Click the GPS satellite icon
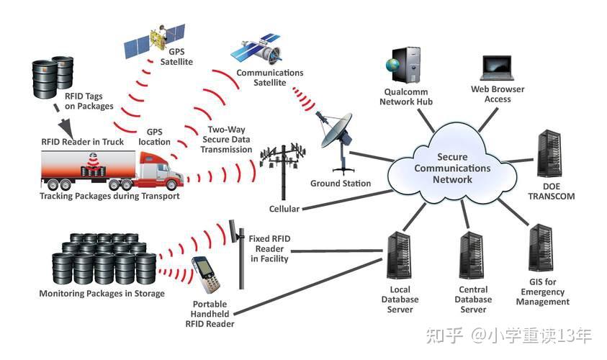[x=155, y=41]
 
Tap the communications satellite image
[x=256, y=49]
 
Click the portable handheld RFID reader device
[x=207, y=275]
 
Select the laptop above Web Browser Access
[x=498, y=68]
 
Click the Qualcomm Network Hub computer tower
[x=404, y=65]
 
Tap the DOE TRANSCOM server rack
[x=549, y=154]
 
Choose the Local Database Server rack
[x=399, y=256]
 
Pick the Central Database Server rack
[x=472, y=256]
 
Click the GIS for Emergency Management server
[x=541, y=248]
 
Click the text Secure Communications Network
[x=452, y=168]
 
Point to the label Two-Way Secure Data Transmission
[x=226, y=140]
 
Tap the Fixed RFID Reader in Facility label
[x=269, y=248]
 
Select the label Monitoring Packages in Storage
[x=102, y=294]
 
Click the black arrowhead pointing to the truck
[x=66, y=127]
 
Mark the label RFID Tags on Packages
[x=89, y=101]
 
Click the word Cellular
[x=284, y=209]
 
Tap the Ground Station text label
[x=341, y=183]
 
